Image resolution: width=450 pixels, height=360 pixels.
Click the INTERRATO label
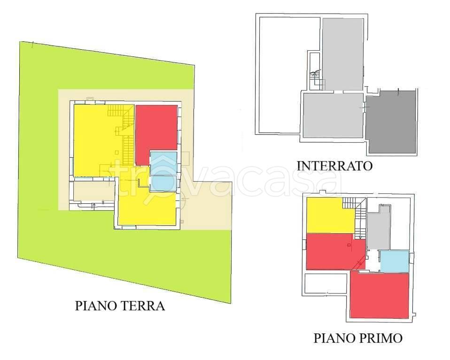(x=334, y=166)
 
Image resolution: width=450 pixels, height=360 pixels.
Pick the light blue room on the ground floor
(x=163, y=171)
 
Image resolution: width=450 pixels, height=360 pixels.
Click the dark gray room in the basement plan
(x=391, y=123)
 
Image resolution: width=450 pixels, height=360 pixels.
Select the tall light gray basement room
(x=342, y=54)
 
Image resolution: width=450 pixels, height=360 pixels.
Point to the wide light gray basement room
(x=333, y=115)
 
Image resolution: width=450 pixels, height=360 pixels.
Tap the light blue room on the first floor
(x=394, y=261)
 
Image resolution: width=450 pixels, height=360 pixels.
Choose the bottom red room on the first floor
(x=380, y=295)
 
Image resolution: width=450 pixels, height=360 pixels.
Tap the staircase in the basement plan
(x=316, y=77)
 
